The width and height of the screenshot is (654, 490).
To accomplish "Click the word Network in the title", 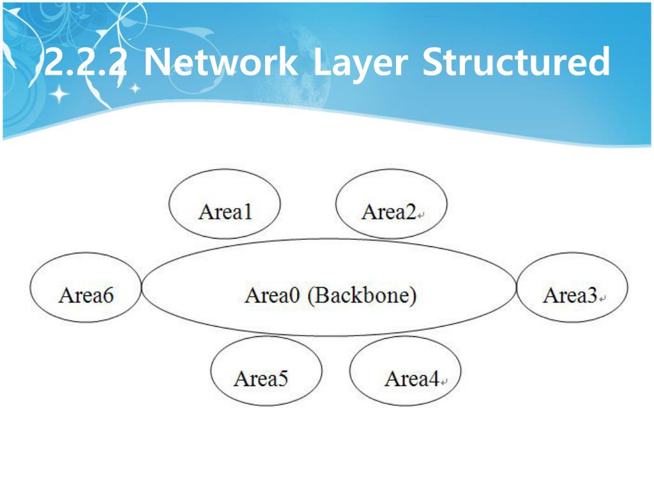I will click(x=220, y=64).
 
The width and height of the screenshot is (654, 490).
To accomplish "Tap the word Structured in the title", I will click(x=516, y=64).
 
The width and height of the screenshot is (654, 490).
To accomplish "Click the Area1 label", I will click(x=225, y=211).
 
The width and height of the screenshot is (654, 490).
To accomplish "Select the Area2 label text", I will click(x=388, y=211).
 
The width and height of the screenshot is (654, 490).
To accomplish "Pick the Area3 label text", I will click(x=570, y=295).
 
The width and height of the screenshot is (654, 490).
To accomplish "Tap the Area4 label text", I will click(x=411, y=379).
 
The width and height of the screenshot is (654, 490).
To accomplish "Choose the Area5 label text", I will click(x=261, y=378).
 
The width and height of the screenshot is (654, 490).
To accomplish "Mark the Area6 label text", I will click(x=86, y=295).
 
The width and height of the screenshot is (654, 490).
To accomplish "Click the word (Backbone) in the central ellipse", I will click(x=361, y=295).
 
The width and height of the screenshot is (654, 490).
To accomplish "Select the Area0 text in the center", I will click(x=272, y=295).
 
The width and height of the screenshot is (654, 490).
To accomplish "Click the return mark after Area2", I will click(x=421, y=216).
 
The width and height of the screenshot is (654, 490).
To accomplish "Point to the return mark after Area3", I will click(x=602, y=299).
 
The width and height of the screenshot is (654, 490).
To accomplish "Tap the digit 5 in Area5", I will click(x=282, y=379).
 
